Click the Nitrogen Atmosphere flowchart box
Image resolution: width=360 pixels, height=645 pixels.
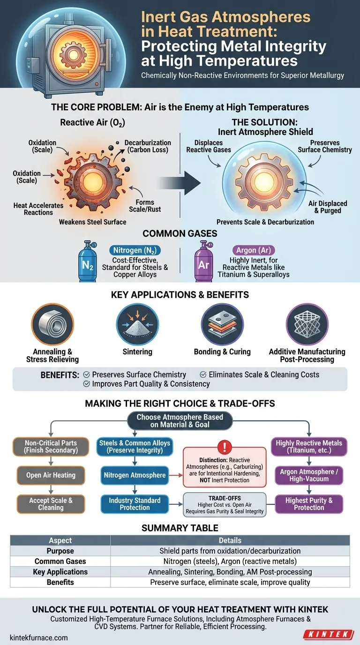point(135,475)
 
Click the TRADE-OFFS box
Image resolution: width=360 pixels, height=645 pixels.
point(225,504)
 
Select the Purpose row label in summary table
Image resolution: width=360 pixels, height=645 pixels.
point(60,551)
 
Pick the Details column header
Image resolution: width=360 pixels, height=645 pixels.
point(230,540)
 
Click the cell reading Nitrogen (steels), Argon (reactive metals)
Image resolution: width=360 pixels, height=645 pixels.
point(230,561)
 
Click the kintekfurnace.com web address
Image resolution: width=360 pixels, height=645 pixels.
point(39,637)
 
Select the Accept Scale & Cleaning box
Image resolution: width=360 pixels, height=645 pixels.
point(51,504)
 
